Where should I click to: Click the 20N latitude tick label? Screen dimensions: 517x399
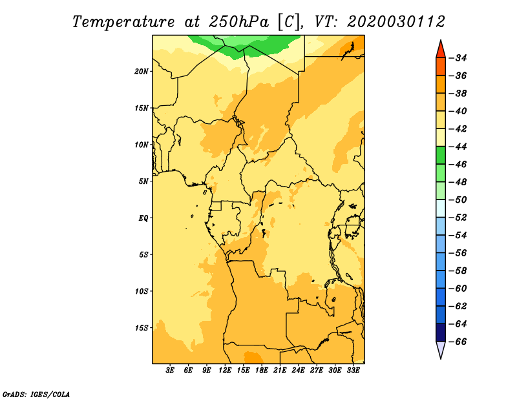pyautogui.click(x=142, y=72)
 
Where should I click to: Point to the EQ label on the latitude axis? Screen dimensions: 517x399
pyautogui.click(x=143, y=218)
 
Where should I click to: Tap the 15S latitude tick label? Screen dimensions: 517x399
pyautogui.click(x=142, y=328)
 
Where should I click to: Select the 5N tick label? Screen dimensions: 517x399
pyautogui.click(x=143, y=181)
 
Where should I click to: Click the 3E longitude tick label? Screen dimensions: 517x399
pyautogui.click(x=170, y=370)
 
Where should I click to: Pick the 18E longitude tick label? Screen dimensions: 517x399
pyautogui.click(x=262, y=370)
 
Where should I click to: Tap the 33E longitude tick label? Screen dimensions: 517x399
pyautogui.click(x=353, y=370)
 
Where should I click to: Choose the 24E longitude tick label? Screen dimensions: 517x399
pyautogui.click(x=298, y=370)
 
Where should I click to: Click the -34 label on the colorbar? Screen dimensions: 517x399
pyautogui.click(x=458, y=58)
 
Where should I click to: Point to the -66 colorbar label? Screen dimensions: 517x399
pyautogui.click(x=458, y=342)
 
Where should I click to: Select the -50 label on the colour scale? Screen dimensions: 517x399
pyautogui.click(x=458, y=200)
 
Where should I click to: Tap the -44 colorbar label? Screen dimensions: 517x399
pyautogui.click(x=458, y=147)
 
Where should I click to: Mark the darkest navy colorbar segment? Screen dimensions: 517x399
pyautogui.click(x=441, y=332)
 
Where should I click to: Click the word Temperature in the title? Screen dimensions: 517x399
pyautogui.click(x=123, y=22)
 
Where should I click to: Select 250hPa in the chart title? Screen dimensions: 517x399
pyautogui.click(x=239, y=22)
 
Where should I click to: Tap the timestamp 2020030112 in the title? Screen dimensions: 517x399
pyautogui.click(x=396, y=22)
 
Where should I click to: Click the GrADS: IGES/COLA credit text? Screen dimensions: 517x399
pyautogui.click(x=36, y=394)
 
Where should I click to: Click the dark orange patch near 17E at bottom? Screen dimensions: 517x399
pyautogui.click(x=253, y=358)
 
